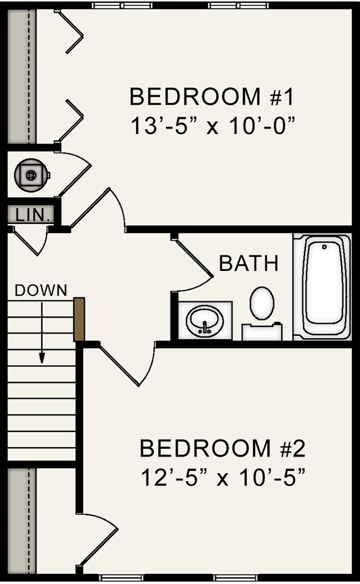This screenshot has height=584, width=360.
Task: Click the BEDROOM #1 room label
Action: tap(211, 96)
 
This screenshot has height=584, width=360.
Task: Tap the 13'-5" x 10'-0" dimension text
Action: tap(211, 126)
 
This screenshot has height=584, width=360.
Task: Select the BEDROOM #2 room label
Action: tap(222, 448)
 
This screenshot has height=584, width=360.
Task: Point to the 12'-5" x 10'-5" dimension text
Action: tap(222, 477)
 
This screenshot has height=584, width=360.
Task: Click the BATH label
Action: tap(249, 264)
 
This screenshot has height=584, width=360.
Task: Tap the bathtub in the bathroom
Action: tap(322, 286)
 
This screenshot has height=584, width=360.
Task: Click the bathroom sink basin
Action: tap(204, 320)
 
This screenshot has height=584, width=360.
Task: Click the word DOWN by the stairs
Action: tap(41, 290)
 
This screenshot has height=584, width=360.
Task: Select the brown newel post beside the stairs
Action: tap(79, 320)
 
